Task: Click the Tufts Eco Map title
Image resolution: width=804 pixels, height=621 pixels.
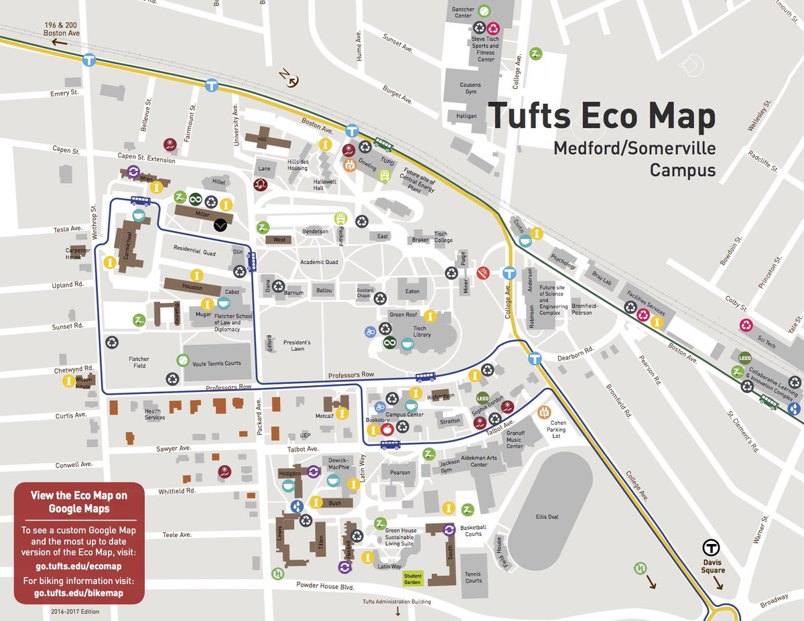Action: tap(601, 115)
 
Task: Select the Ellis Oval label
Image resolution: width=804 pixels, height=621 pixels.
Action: tap(547, 516)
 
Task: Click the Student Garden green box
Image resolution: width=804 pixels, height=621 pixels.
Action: tap(412, 578)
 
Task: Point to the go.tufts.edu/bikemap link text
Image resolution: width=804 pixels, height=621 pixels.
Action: tap(79, 593)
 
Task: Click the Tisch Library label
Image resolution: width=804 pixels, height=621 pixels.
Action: tap(422, 332)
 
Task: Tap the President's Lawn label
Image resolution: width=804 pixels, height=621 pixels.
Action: tap(297, 345)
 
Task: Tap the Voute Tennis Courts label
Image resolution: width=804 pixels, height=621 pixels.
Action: tap(216, 363)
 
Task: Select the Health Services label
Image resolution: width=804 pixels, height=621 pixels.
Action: tap(154, 414)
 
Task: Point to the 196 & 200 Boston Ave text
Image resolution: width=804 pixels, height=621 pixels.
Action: tap(62, 29)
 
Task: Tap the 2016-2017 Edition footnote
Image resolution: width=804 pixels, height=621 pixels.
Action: tap(78, 611)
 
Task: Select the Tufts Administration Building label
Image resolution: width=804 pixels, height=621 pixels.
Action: tap(397, 602)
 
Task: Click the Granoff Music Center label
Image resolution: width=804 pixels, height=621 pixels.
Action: tap(515, 439)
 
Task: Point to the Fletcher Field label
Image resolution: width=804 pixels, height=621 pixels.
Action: tap(139, 362)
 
